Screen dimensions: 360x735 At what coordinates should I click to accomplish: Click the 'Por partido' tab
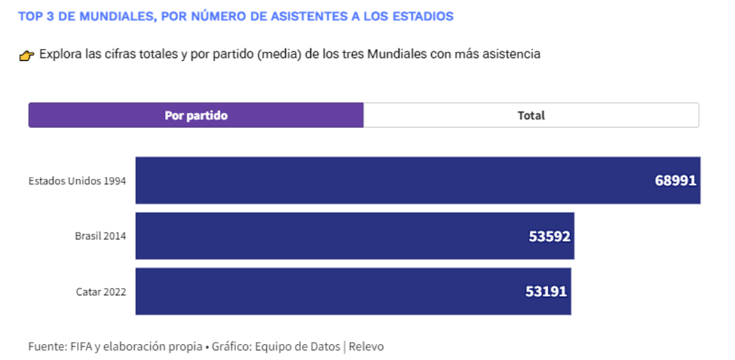[x=196, y=115]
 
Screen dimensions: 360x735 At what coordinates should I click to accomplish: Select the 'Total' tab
[x=531, y=115]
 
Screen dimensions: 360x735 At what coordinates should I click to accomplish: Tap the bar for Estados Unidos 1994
[x=391, y=180]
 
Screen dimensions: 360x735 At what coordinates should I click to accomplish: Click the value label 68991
[x=676, y=180]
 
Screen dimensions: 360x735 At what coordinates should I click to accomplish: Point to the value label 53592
[x=550, y=236]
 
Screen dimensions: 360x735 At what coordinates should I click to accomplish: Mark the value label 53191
[x=546, y=291]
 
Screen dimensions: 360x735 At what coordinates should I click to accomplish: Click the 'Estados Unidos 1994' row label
[x=77, y=180]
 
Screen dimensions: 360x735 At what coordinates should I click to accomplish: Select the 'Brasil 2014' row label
[x=100, y=236]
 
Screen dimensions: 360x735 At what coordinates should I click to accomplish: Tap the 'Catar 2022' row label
[x=101, y=291]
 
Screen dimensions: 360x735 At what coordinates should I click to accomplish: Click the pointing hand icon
[x=27, y=55]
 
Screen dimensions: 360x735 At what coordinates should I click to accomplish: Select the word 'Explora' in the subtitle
[x=59, y=55]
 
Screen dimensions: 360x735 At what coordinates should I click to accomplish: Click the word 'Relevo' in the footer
[x=366, y=346]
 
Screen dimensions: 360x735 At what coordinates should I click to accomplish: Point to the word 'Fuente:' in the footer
[x=46, y=346]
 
